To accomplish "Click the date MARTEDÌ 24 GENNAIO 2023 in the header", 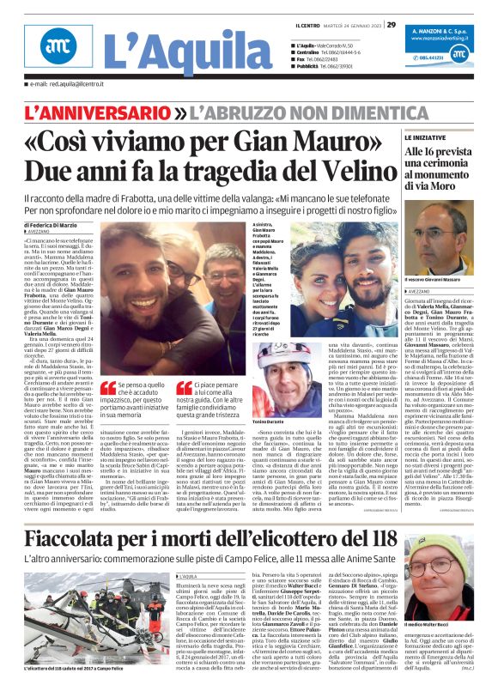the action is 351,24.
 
